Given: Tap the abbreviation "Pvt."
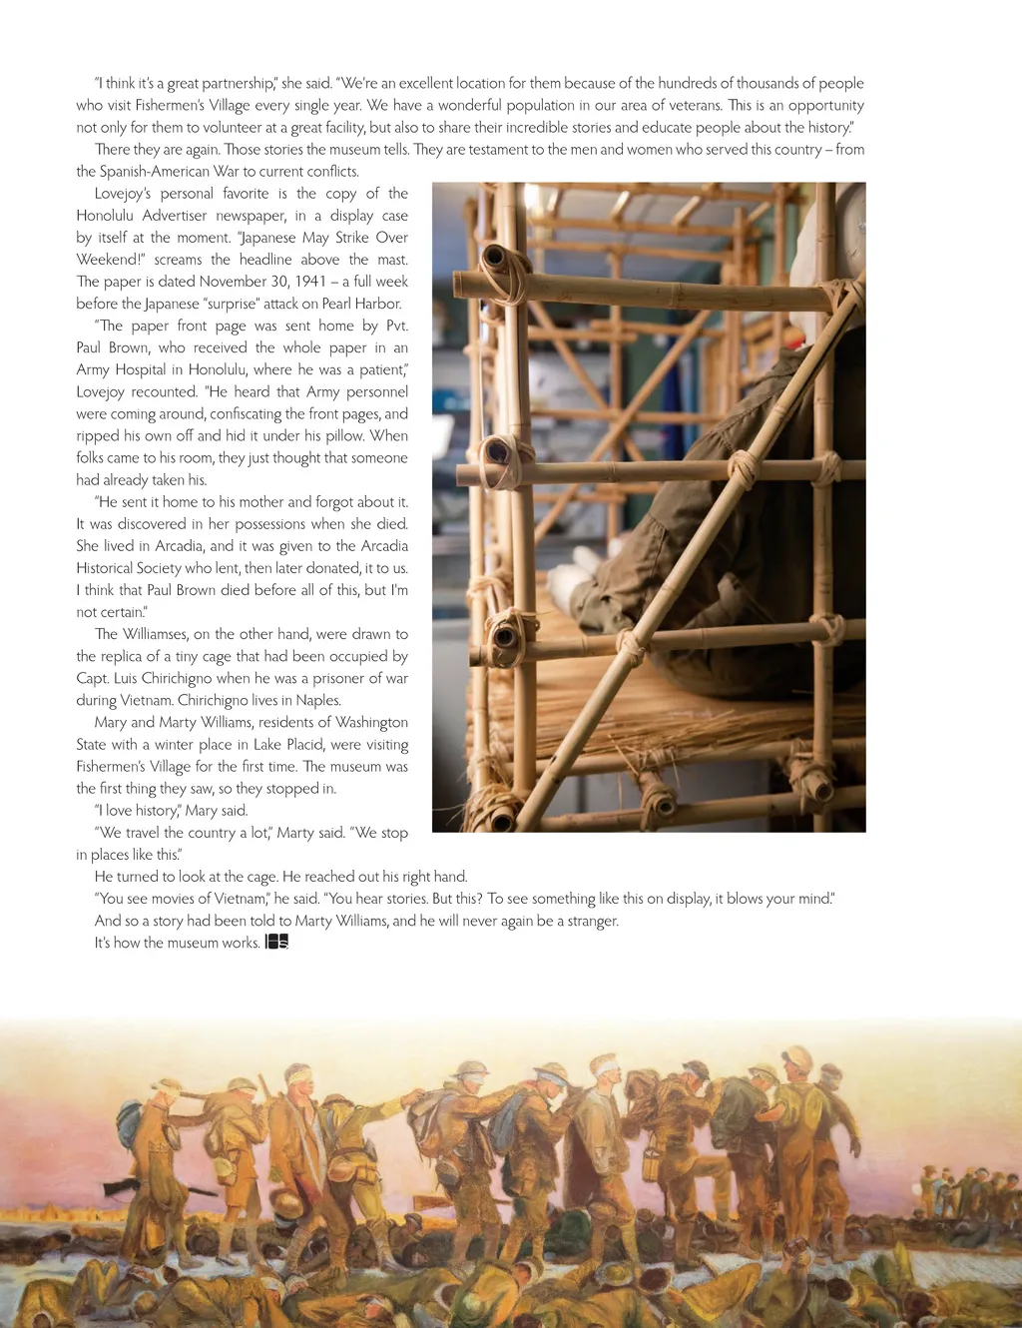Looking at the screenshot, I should (x=396, y=326).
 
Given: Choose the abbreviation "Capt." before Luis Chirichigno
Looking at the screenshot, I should (x=93, y=678).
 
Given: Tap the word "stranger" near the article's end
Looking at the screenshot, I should (x=588, y=921).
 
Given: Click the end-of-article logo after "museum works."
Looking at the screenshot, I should (x=277, y=943).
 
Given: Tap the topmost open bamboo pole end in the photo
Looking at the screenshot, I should (x=494, y=259).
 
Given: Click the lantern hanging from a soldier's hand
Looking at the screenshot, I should (x=651, y=1163).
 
